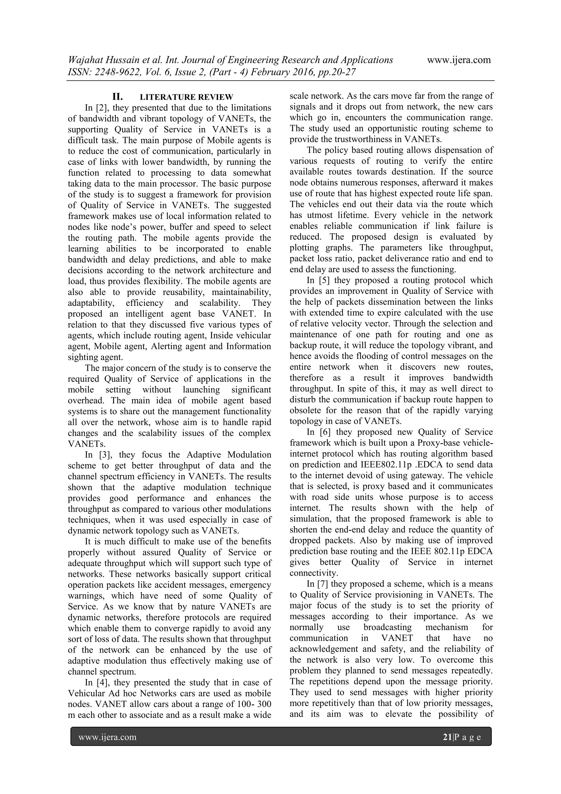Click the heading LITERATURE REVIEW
[186, 97]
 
